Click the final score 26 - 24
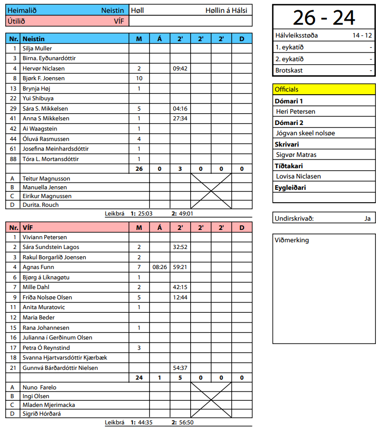(x=324, y=17)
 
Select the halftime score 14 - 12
(x=362, y=35)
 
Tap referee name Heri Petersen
(x=296, y=111)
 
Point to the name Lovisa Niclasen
(x=298, y=176)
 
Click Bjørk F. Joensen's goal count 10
(x=139, y=78)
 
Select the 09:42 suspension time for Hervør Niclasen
(x=180, y=68)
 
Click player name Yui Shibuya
(x=38, y=98)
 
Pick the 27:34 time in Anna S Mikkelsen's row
(x=180, y=118)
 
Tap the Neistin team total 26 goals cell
(x=139, y=169)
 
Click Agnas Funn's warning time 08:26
(x=159, y=267)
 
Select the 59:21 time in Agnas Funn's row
(x=180, y=267)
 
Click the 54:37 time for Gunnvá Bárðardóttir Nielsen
(x=180, y=368)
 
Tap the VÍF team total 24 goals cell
(x=139, y=378)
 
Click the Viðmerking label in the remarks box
(x=292, y=240)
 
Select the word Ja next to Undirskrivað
(x=367, y=218)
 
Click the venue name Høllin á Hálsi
(x=226, y=10)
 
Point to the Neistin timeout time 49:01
(x=186, y=213)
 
